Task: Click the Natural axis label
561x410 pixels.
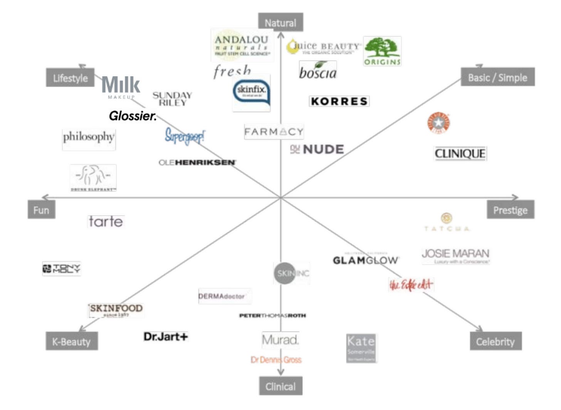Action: pyautogui.click(x=280, y=23)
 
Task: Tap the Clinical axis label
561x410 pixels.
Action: pyautogui.click(x=280, y=386)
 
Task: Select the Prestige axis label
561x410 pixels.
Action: pyautogui.click(x=510, y=210)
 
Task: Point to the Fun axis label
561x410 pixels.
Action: pyautogui.click(x=41, y=210)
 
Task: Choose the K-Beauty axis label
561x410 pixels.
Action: pyautogui.click(x=72, y=341)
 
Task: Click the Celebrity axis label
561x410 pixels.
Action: pyautogui.click(x=495, y=341)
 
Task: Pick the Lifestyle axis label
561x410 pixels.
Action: pyautogui.click(x=71, y=78)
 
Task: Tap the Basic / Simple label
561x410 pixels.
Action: pyautogui.click(x=497, y=77)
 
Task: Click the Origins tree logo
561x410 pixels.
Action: pyautogui.click(x=382, y=51)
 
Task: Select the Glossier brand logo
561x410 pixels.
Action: pyautogui.click(x=133, y=116)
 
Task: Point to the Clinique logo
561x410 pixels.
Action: pyautogui.click(x=460, y=154)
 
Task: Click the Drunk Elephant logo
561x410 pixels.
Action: pyautogui.click(x=93, y=178)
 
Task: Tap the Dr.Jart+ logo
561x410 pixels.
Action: pyautogui.click(x=166, y=336)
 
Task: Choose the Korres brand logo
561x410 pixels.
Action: pyautogui.click(x=339, y=101)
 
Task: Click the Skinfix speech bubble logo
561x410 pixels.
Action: pyautogui.click(x=251, y=93)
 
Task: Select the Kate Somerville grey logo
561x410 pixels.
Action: pyautogui.click(x=361, y=348)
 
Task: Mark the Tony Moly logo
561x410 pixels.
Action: pyautogui.click(x=62, y=269)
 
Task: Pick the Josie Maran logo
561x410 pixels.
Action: pyautogui.click(x=455, y=255)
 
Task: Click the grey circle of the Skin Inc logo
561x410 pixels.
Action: pyautogui.click(x=284, y=273)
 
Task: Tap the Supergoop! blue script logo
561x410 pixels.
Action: pyautogui.click(x=185, y=136)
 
